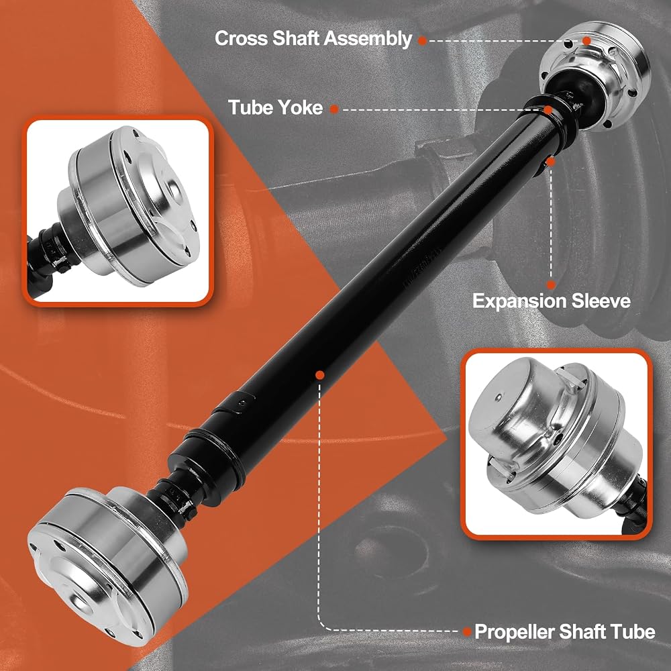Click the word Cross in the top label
point(242,38)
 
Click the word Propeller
point(513,632)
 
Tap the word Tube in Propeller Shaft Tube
point(634,631)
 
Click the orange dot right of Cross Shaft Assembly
point(422,41)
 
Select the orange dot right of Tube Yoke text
point(334,109)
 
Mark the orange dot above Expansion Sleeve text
point(551,285)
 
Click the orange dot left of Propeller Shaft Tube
point(467,631)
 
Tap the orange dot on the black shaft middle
point(319,375)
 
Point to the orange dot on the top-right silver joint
point(586,41)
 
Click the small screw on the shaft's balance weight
point(243,402)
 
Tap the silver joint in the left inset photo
point(128,205)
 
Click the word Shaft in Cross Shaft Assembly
point(297,38)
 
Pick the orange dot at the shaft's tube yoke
point(548,109)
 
